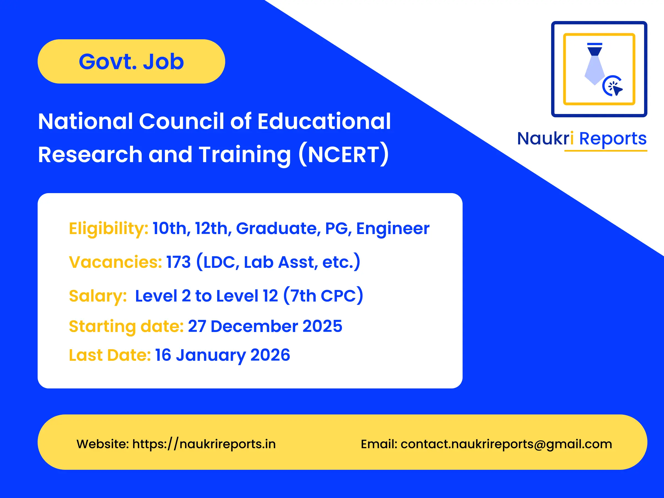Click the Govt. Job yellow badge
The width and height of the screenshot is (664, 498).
131,61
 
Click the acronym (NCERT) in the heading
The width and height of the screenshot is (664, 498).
344,154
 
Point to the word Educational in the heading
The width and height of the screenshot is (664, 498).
324,121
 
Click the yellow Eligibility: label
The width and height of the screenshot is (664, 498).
108,229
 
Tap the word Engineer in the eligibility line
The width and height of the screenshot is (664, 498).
393,229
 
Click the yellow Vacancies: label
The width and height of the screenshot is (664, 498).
115,262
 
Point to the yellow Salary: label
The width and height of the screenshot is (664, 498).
98,296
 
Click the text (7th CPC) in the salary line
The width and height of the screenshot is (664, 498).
323,296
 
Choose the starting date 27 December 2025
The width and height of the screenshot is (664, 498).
265,326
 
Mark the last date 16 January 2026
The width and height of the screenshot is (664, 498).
222,355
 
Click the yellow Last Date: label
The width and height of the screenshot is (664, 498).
110,355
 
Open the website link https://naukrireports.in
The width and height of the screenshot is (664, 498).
204,444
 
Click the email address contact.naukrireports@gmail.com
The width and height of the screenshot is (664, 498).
506,444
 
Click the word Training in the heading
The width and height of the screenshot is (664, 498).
245,154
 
